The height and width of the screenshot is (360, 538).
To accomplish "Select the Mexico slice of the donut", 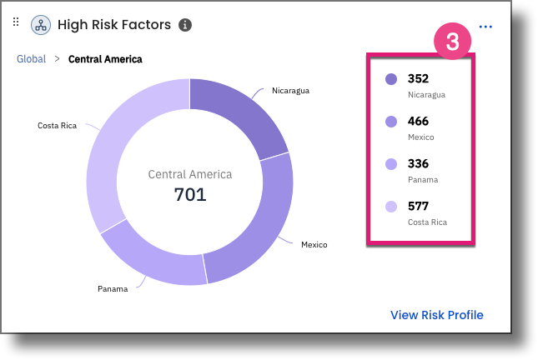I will point(259,225).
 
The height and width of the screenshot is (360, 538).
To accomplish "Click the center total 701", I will point(190,195).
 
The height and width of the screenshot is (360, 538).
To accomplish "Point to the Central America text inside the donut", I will point(190,175).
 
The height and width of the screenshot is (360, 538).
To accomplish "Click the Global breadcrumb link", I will point(32,59).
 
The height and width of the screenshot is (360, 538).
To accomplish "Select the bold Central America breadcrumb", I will point(105,59).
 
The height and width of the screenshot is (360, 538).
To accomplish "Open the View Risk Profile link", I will point(436,314).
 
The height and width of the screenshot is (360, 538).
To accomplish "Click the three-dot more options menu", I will point(485,27).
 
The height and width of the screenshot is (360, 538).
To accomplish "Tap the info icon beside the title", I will point(185,25).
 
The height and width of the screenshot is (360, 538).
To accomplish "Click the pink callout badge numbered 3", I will point(452,42).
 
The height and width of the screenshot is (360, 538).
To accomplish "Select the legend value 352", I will point(418,79).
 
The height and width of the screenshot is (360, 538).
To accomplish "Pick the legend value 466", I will point(418,122).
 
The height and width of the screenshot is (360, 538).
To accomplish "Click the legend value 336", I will point(418,164).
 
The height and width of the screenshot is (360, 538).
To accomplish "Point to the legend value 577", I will point(418,207).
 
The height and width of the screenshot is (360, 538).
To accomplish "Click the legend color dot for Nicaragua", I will point(391,79).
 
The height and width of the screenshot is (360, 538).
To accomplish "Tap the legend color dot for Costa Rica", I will point(391,207).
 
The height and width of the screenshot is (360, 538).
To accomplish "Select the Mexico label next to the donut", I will point(314,244).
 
